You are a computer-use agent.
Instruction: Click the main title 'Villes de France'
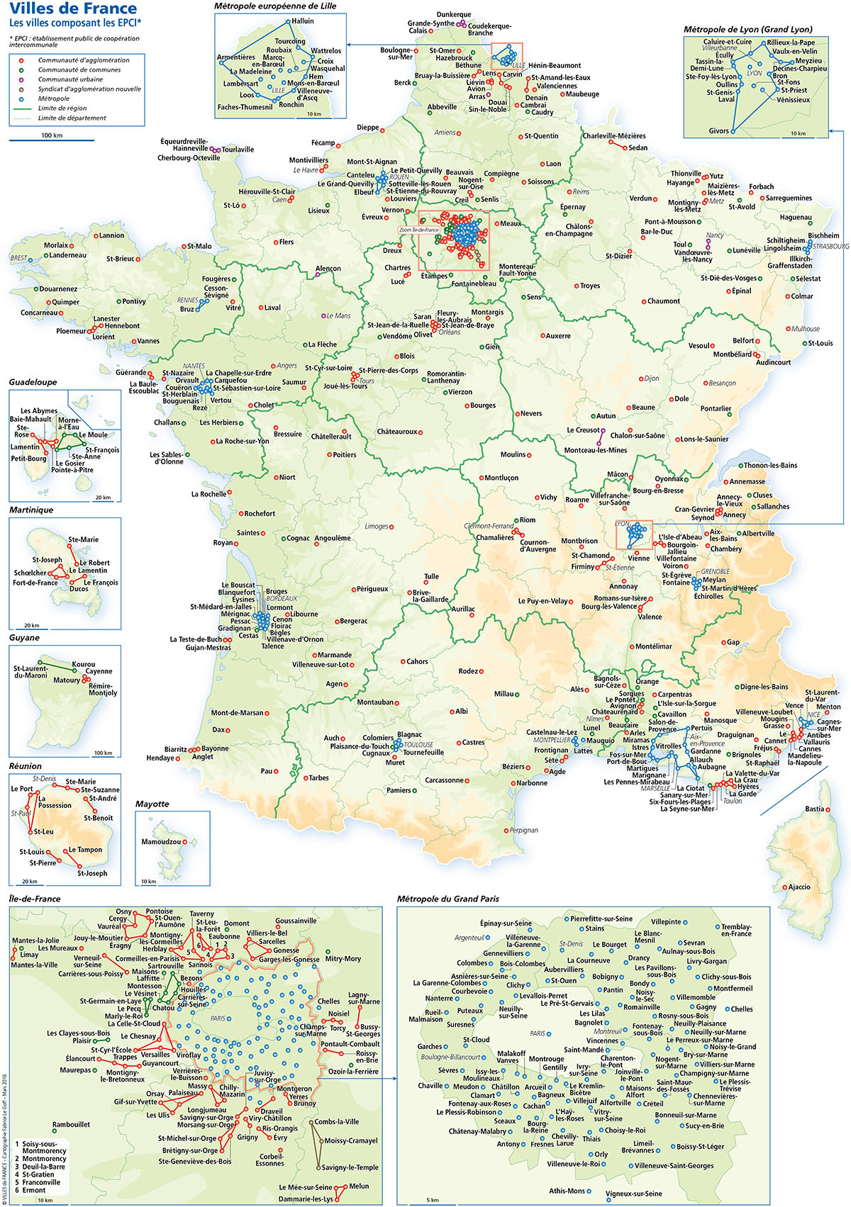click(x=73, y=9)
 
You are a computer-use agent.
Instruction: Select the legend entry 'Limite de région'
click(x=62, y=108)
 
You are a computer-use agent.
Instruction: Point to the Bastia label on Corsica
click(x=815, y=809)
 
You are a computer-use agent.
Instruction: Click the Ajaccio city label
click(x=799, y=887)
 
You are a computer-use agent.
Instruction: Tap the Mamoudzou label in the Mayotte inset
click(x=161, y=842)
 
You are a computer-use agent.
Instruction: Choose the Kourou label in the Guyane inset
click(x=83, y=664)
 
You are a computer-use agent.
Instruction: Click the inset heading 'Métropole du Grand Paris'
click(x=447, y=899)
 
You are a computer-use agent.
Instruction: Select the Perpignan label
click(x=523, y=830)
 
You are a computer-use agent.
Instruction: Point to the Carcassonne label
click(x=444, y=780)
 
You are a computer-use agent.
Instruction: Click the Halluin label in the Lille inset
click(x=303, y=21)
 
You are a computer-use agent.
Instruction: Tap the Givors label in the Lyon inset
click(x=718, y=131)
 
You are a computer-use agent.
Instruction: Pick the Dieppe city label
click(x=367, y=128)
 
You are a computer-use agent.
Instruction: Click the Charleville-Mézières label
click(x=614, y=136)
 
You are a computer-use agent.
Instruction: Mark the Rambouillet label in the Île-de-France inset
click(x=71, y=1124)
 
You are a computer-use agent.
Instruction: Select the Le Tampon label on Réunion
click(x=85, y=850)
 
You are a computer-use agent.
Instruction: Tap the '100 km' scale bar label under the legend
click(x=51, y=135)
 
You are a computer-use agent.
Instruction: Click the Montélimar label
click(x=653, y=646)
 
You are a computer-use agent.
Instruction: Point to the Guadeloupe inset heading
click(x=33, y=382)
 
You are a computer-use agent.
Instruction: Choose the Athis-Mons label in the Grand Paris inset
click(x=567, y=1191)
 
